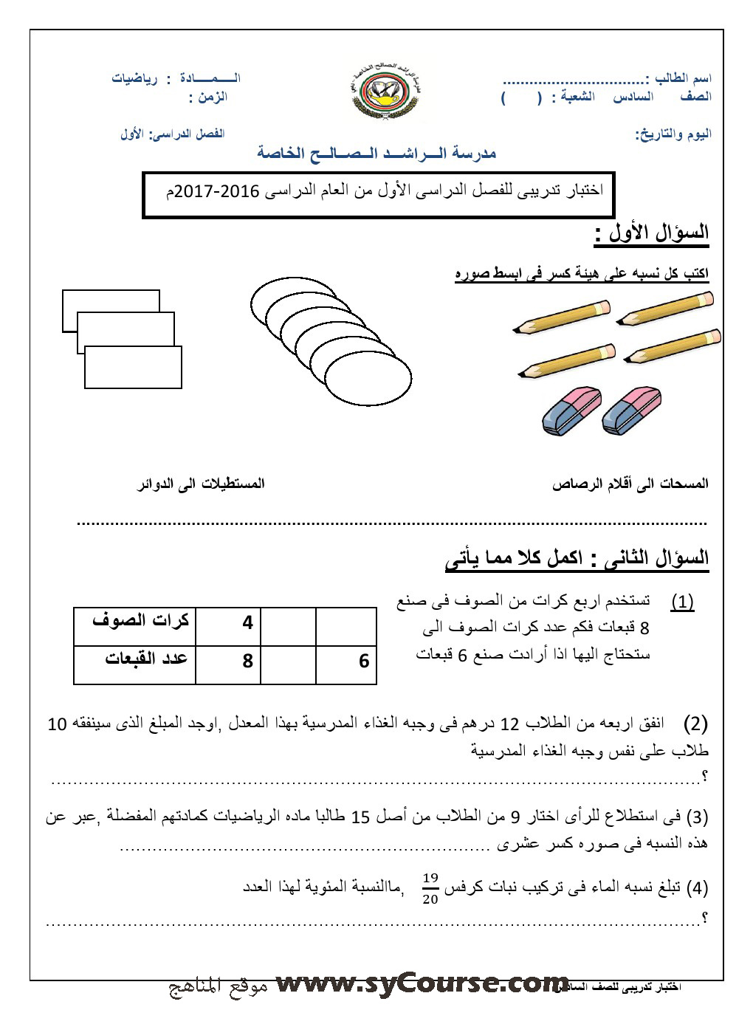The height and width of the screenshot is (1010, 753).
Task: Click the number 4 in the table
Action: [x=247, y=623]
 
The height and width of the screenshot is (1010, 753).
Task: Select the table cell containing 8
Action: [x=247, y=661]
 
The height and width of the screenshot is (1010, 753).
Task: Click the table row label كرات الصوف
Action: [x=140, y=620]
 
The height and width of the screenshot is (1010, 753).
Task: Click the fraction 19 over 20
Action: [x=430, y=888]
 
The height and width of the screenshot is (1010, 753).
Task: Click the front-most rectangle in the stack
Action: [x=133, y=367]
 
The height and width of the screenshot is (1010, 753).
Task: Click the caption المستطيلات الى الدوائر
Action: [x=202, y=484]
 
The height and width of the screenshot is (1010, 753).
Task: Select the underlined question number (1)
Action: [x=682, y=602]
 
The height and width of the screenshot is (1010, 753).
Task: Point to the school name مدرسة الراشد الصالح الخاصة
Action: [x=376, y=153]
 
